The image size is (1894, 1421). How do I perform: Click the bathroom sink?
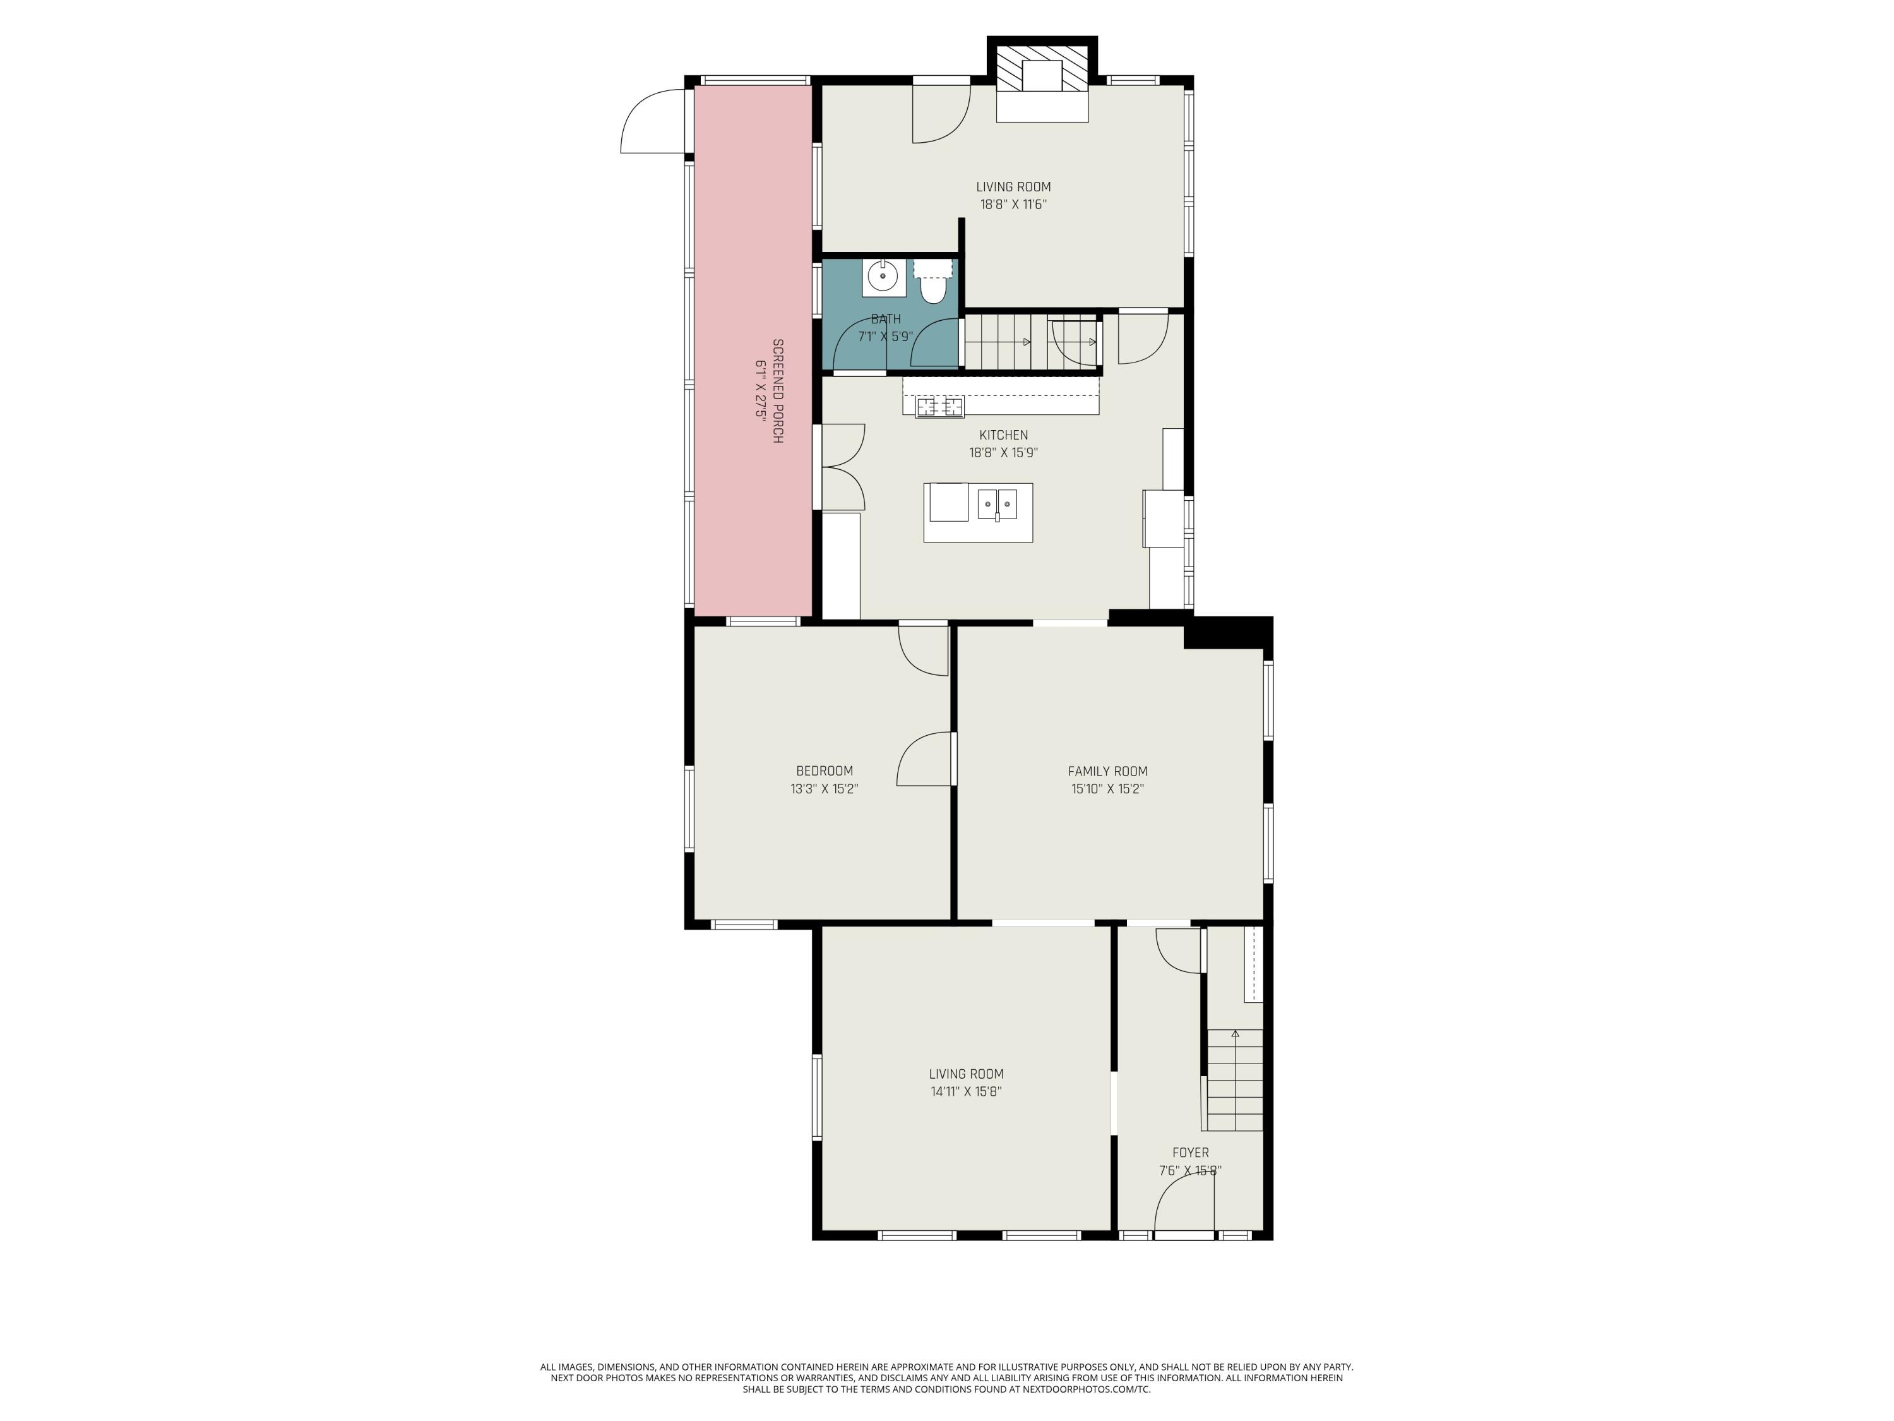click(x=883, y=277)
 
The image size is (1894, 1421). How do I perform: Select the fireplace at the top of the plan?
click(x=1042, y=83)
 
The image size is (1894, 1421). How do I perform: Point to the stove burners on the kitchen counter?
click(x=939, y=407)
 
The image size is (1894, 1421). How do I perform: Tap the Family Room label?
click(x=1107, y=771)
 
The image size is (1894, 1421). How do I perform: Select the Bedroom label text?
click(x=825, y=771)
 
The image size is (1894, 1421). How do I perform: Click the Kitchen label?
click(x=1004, y=435)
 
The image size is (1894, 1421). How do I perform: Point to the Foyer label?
click(x=1190, y=1153)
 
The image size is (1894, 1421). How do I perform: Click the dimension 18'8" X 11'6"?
click(x=1014, y=205)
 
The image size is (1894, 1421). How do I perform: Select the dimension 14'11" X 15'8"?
click(x=966, y=1092)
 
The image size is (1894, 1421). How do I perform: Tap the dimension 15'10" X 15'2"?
click(x=1107, y=789)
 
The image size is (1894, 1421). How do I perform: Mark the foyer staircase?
click(x=1235, y=1080)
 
